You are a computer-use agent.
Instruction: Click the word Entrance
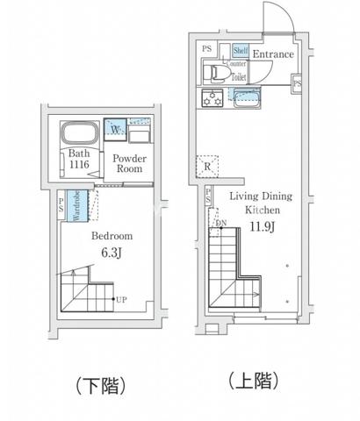pos(272,54)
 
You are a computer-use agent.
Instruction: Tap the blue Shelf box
pos(239,51)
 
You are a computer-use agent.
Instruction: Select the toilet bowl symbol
pos(212,73)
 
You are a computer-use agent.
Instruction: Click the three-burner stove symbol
pos(212,96)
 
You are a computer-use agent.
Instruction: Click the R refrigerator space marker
pos(207,165)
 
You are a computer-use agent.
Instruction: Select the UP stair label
pos(122,300)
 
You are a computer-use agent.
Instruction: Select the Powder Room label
pos(127,164)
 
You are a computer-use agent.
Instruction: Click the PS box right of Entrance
pos(298,83)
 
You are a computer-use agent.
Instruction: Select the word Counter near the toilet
pos(237,64)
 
